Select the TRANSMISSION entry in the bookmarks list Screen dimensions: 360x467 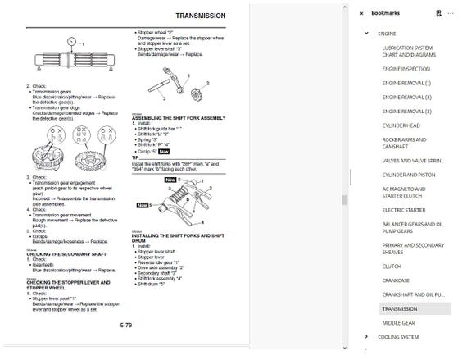(x=399, y=309)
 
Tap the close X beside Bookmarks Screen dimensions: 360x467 (x=361, y=13)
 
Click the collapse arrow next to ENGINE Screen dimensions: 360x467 (x=366, y=34)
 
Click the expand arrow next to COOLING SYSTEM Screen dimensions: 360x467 (x=366, y=337)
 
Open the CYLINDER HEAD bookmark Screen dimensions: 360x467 (x=401, y=125)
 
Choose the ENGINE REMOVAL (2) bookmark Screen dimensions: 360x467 (x=406, y=97)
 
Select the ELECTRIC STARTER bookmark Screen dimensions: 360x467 (x=403, y=210)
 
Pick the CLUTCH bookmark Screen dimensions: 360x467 (x=391, y=266)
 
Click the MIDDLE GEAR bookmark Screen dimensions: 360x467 (x=397, y=323)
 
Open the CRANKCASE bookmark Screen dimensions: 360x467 (x=397, y=280)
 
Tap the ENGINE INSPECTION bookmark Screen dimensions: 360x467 (x=406, y=69)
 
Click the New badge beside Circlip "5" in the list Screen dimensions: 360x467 (x=164, y=152)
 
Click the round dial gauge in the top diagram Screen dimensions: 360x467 (x=76, y=42)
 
